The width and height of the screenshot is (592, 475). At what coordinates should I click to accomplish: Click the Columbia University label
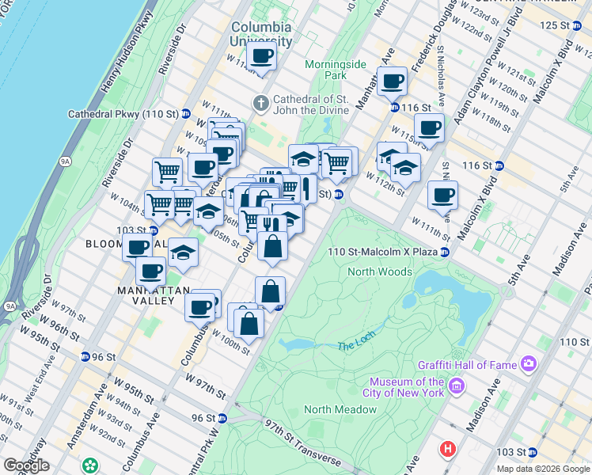(x=261, y=34)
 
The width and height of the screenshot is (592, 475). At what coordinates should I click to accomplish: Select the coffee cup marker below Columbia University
(x=261, y=57)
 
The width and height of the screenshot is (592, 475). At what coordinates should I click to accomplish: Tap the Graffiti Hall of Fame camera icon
(x=528, y=364)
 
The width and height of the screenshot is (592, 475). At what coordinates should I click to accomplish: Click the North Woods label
(x=380, y=272)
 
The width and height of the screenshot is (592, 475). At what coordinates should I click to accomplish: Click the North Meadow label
(x=340, y=409)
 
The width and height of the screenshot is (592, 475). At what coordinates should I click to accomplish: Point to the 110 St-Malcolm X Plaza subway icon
(x=446, y=253)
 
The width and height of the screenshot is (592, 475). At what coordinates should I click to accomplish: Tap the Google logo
(x=26, y=465)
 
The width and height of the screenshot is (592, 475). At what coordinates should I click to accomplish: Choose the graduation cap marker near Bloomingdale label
(x=183, y=253)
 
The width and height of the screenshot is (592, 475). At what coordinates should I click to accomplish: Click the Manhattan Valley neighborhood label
(x=143, y=296)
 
